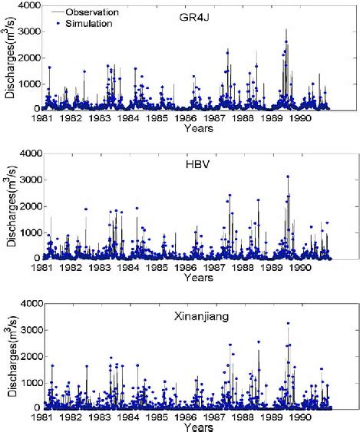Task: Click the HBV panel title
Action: (198, 165)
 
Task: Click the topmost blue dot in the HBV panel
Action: (288, 176)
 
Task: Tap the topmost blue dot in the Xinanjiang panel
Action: (288, 324)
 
